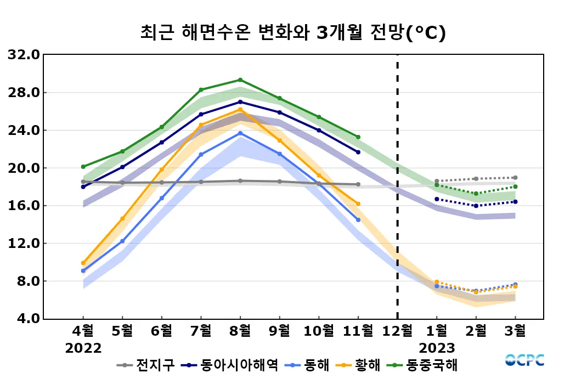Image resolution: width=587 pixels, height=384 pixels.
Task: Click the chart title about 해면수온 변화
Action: coord(293,32)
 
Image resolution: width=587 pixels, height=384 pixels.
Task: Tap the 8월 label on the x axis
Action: coord(240,331)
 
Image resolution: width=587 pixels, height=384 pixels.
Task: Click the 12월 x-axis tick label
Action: coord(397,331)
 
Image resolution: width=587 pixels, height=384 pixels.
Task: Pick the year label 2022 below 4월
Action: coord(83,348)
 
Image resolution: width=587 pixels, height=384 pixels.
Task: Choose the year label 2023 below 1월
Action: coord(437,348)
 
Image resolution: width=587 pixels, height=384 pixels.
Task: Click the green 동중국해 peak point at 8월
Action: coord(240,80)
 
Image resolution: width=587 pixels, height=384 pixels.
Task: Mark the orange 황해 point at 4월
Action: coord(83,263)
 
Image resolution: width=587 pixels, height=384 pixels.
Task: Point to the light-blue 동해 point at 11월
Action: coord(358,220)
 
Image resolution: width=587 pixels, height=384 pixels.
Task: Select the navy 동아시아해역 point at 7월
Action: coord(201,114)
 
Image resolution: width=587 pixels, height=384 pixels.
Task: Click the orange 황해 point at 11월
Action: coord(358,204)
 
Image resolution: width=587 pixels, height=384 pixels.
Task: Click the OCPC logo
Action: coord(524,360)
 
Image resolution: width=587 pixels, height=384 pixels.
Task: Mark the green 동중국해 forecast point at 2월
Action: coord(476,194)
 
